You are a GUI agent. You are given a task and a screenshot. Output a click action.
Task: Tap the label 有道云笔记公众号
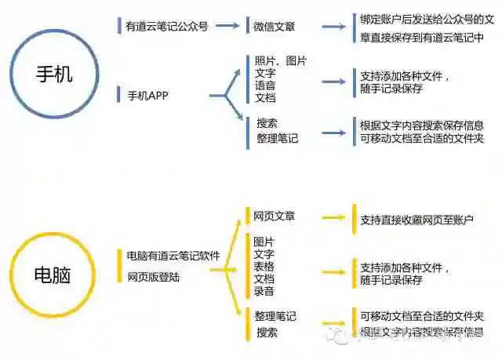(167, 26)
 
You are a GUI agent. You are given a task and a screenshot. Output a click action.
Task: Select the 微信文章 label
(274, 27)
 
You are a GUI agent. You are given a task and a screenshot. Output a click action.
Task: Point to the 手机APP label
(148, 96)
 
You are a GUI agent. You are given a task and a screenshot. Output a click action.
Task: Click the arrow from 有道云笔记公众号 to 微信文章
(227, 26)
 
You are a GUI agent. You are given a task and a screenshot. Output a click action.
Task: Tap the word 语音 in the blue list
(265, 85)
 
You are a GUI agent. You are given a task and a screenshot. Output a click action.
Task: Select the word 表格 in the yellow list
(264, 267)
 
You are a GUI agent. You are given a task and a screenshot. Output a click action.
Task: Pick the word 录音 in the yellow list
(264, 292)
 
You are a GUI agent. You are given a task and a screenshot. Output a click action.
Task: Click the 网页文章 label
(274, 216)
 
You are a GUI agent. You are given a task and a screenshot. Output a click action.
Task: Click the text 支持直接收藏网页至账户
(417, 220)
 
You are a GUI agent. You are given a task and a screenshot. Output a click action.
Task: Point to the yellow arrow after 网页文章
(333, 219)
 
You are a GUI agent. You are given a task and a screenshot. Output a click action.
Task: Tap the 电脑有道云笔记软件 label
(173, 256)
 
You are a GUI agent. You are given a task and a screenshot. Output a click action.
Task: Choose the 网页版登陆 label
(154, 276)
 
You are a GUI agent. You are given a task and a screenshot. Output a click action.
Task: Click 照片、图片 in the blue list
(280, 60)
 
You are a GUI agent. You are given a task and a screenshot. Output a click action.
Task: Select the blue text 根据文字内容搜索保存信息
(421, 125)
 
